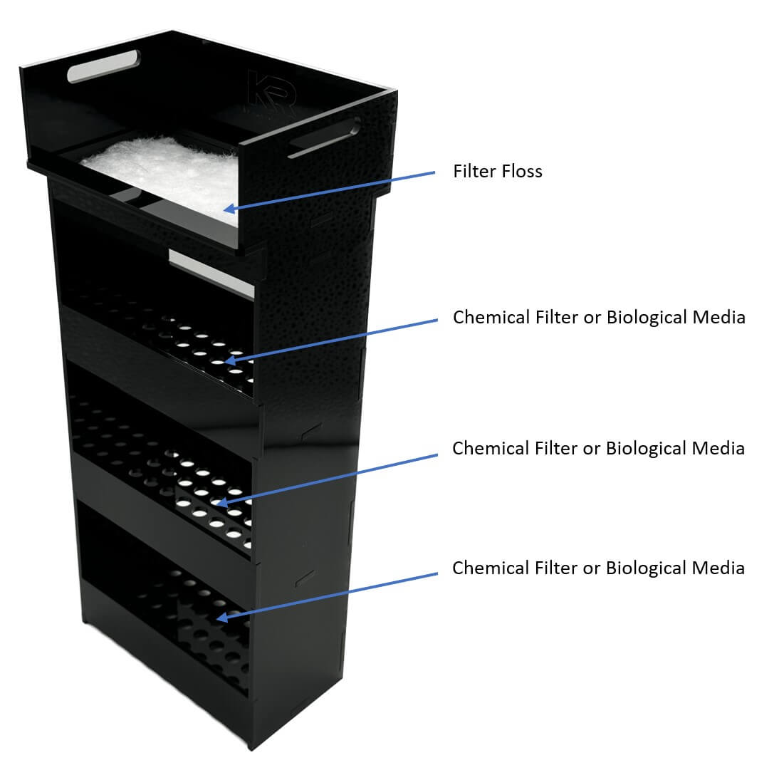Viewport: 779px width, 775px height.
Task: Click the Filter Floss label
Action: (x=498, y=172)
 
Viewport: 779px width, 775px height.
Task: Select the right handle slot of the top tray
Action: (x=324, y=137)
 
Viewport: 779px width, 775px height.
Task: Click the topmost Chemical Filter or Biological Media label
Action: (x=599, y=317)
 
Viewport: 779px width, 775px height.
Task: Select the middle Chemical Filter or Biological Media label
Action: (x=599, y=448)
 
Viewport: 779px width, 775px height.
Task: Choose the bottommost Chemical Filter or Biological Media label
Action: (x=599, y=568)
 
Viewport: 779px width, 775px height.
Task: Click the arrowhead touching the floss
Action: (x=228, y=208)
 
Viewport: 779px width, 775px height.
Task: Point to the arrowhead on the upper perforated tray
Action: (x=230, y=361)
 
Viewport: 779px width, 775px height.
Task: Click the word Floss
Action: (x=520, y=172)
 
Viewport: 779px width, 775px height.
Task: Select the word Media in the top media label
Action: (x=718, y=317)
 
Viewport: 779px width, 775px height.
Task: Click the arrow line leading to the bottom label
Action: (x=328, y=595)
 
